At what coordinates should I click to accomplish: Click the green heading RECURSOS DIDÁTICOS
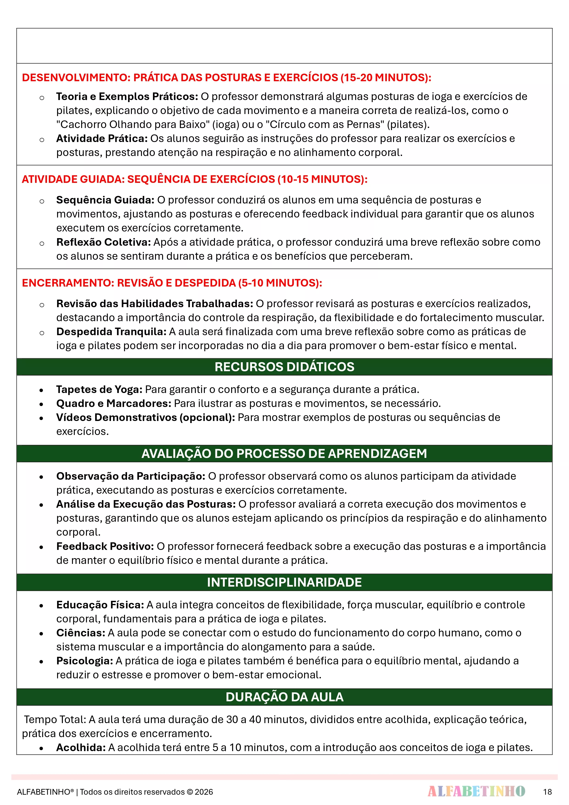coord(284,367)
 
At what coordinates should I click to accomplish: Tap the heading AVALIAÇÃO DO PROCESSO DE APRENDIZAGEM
coord(284,453)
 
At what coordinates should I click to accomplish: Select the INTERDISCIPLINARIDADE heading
coord(284,582)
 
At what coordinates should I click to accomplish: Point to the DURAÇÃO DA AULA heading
coord(284,697)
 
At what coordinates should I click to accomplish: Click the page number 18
coord(547,792)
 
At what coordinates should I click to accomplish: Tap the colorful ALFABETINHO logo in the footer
coord(476,791)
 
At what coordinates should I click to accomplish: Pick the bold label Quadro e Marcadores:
coord(114,403)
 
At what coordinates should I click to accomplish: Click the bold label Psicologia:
coord(84,660)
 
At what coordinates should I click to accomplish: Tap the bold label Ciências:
coord(81,632)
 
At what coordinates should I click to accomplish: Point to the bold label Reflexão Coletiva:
coord(103,242)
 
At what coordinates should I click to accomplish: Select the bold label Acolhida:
coord(81,747)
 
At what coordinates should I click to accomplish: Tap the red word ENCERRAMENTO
coord(68,283)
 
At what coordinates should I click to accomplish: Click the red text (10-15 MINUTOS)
coord(322,179)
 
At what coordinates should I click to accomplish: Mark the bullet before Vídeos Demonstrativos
coord(41,418)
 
